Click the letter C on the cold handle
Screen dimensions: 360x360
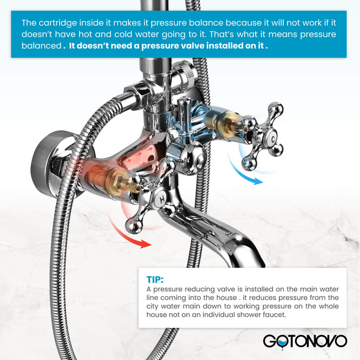pos(273,139)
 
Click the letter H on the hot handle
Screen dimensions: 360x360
pos(162,200)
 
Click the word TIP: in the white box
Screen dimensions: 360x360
pos(155,280)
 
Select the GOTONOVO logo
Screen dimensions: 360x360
pos(305,341)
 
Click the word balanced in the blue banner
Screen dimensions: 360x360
pos(41,46)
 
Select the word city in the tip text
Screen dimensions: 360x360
pos(152,307)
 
